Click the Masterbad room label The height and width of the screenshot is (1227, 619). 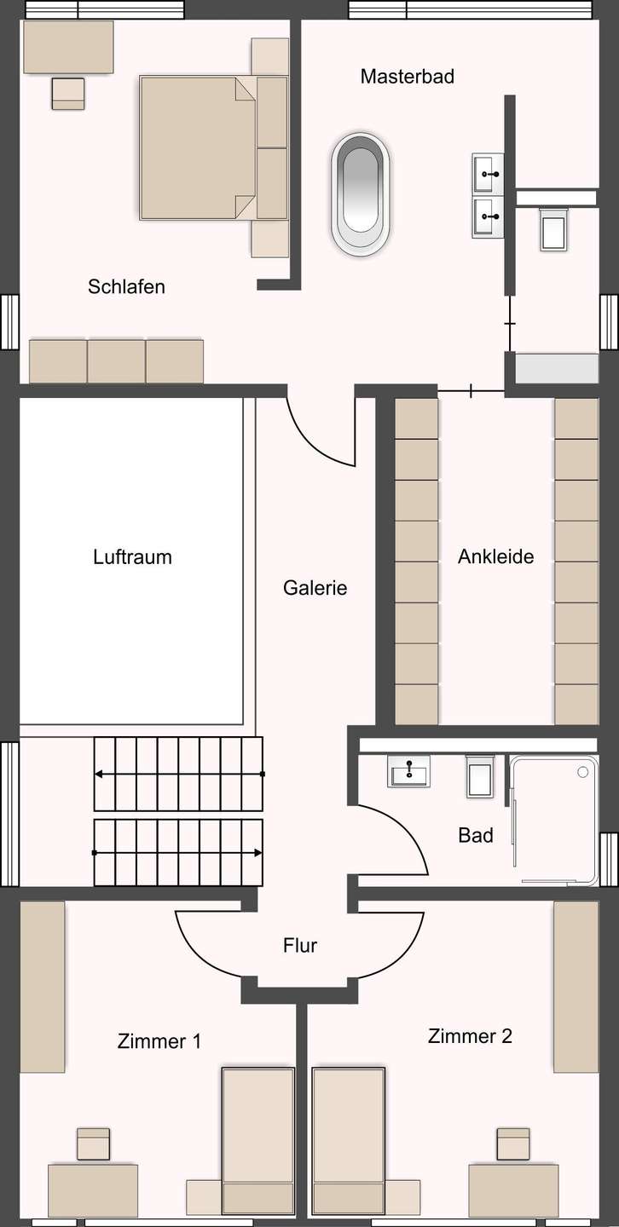click(x=408, y=76)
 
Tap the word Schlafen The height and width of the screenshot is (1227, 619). click(x=127, y=286)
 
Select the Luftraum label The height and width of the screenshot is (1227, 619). click(x=133, y=556)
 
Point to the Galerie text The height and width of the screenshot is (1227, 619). click(x=315, y=588)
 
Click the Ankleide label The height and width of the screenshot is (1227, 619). click(x=496, y=556)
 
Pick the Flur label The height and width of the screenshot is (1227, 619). click(x=300, y=945)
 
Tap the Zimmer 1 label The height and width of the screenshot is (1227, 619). click(x=159, y=1040)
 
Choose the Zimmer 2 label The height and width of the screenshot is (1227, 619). click(x=470, y=1036)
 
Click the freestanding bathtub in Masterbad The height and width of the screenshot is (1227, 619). click(x=360, y=193)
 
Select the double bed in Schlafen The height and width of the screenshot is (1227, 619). click(x=197, y=148)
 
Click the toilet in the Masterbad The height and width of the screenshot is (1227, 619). click(x=553, y=229)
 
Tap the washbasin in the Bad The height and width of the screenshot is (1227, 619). click(x=408, y=770)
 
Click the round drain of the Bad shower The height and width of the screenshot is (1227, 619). click(x=582, y=772)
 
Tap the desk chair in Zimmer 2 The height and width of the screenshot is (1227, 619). click(x=514, y=1143)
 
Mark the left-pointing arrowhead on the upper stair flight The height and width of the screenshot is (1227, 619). click(x=99, y=774)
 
